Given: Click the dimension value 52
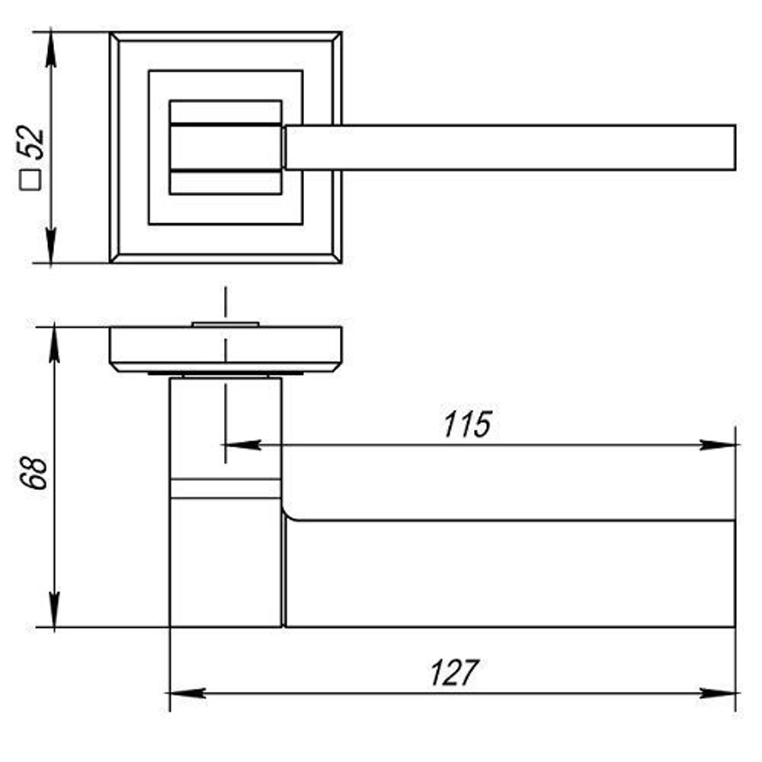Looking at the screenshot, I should point(33,142).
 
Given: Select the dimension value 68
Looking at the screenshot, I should point(34,473).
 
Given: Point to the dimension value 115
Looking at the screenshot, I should point(468,425).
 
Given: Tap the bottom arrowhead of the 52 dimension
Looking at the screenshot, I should point(51,248).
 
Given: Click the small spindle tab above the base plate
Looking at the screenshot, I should point(225,325).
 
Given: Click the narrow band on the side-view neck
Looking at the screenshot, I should point(225,488).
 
